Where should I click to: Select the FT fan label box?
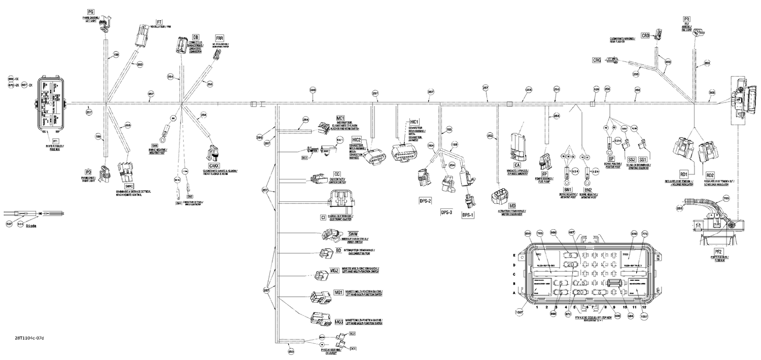(159, 23)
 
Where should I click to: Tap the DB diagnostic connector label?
(195, 37)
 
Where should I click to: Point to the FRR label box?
(220, 39)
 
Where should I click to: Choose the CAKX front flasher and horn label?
(214, 165)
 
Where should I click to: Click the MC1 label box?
(340, 118)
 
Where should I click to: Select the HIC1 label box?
(414, 122)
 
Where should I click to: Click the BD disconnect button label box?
(338, 250)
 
